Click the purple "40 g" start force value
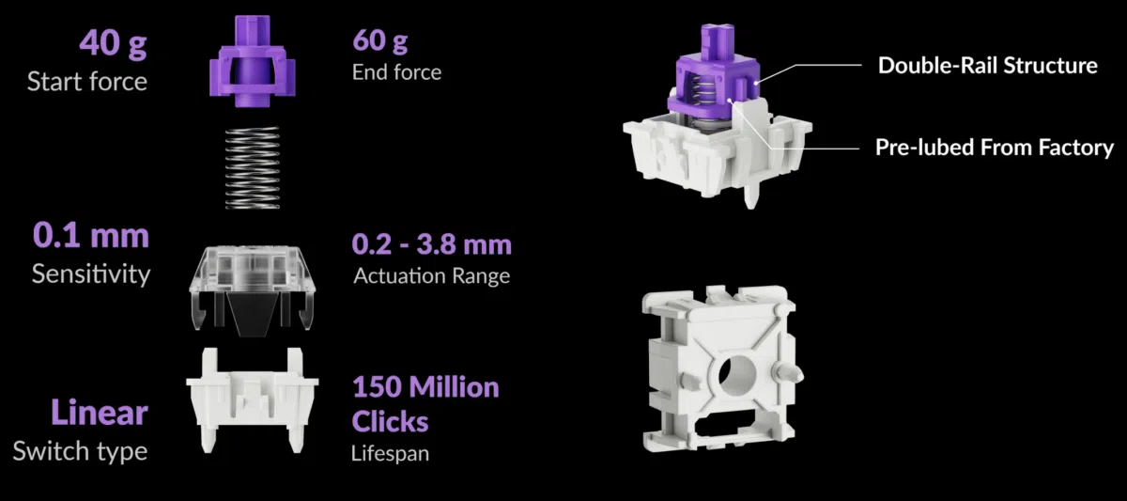point(114,43)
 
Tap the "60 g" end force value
point(379,40)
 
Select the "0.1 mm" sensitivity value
point(91,235)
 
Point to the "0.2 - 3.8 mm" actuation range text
point(432,244)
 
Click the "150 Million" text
point(425,387)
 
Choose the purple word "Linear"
point(100,413)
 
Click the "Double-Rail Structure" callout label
point(988,66)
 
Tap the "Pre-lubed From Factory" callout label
point(995,148)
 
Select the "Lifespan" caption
point(390,453)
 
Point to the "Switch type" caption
point(80,450)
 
